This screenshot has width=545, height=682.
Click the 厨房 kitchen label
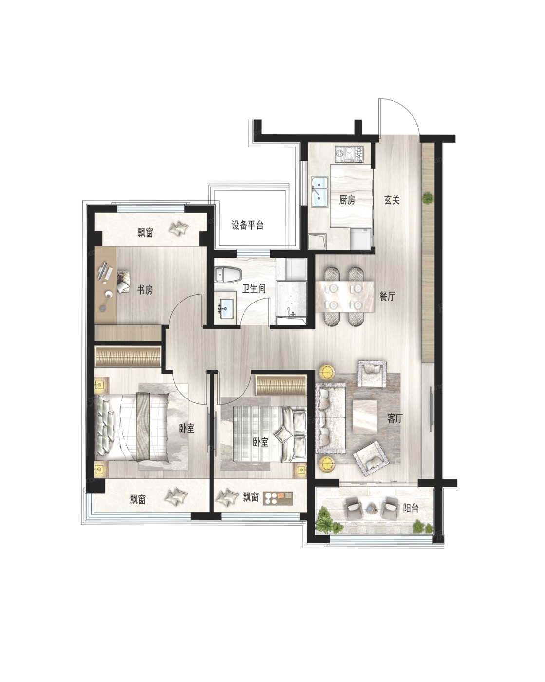347,200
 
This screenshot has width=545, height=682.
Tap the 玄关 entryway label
392,200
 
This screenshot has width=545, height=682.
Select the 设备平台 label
247,226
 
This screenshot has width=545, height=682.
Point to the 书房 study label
145,290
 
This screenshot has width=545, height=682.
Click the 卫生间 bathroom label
254,288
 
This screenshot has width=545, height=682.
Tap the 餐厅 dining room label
387,296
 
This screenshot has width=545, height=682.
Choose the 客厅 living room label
395,418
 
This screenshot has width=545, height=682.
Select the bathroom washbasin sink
226,307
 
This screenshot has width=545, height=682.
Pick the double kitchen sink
319,192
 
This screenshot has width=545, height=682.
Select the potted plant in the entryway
428,199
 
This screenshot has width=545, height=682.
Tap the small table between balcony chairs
371,509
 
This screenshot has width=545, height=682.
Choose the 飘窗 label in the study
146,233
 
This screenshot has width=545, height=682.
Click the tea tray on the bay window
279,498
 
